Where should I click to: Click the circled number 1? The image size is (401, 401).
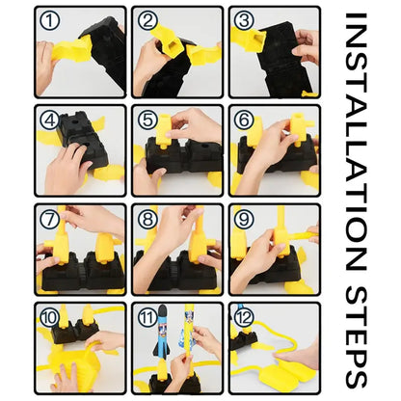tap(50, 21)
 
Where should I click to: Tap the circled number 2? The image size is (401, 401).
tap(147, 21)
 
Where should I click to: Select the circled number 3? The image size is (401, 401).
tap(244, 21)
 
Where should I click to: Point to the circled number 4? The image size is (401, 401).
tap(50, 120)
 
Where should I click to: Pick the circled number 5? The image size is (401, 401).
tap(147, 120)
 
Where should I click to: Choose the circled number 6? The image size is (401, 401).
tap(244, 120)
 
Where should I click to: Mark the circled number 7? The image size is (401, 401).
tap(50, 220)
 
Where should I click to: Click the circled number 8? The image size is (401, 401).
tap(147, 220)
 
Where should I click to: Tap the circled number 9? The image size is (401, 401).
tap(244, 220)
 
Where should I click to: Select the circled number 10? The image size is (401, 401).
tap(50, 318)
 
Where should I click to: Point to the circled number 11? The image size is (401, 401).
tap(147, 318)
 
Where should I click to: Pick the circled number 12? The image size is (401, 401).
tap(244, 318)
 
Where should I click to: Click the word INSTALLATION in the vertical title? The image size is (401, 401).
tap(356, 142)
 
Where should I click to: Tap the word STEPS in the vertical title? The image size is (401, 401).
tap(356, 337)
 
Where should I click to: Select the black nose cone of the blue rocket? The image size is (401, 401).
tap(163, 312)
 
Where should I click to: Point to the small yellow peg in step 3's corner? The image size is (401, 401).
tap(308, 94)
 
